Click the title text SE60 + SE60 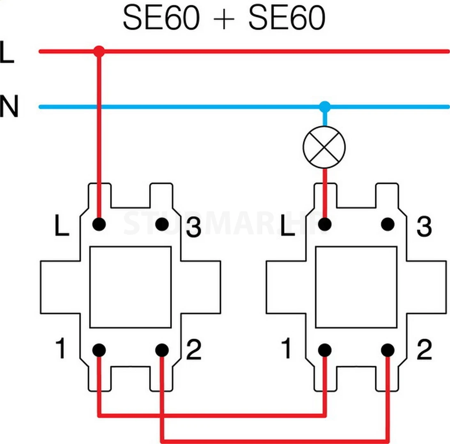(x=224, y=18)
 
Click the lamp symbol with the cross (x=324, y=147)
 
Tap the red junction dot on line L (x=99, y=51)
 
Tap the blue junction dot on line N (x=325, y=107)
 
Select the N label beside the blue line (x=9, y=107)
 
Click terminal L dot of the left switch (x=99, y=224)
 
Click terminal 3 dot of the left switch (x=162, y=224)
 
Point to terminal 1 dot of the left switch (x=99, y=350)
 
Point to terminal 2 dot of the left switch (x=162, y=350)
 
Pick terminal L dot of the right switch (x=325, y=224)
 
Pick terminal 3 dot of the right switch (x=387, y=224)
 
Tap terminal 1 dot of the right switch (x=325, y=350)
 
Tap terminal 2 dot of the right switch (x=387, y=350)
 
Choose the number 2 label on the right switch (x=424, y=350)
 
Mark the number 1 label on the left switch (x=60, y=349)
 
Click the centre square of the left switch (x=130, y=287)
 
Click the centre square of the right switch (x=356, y=287)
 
